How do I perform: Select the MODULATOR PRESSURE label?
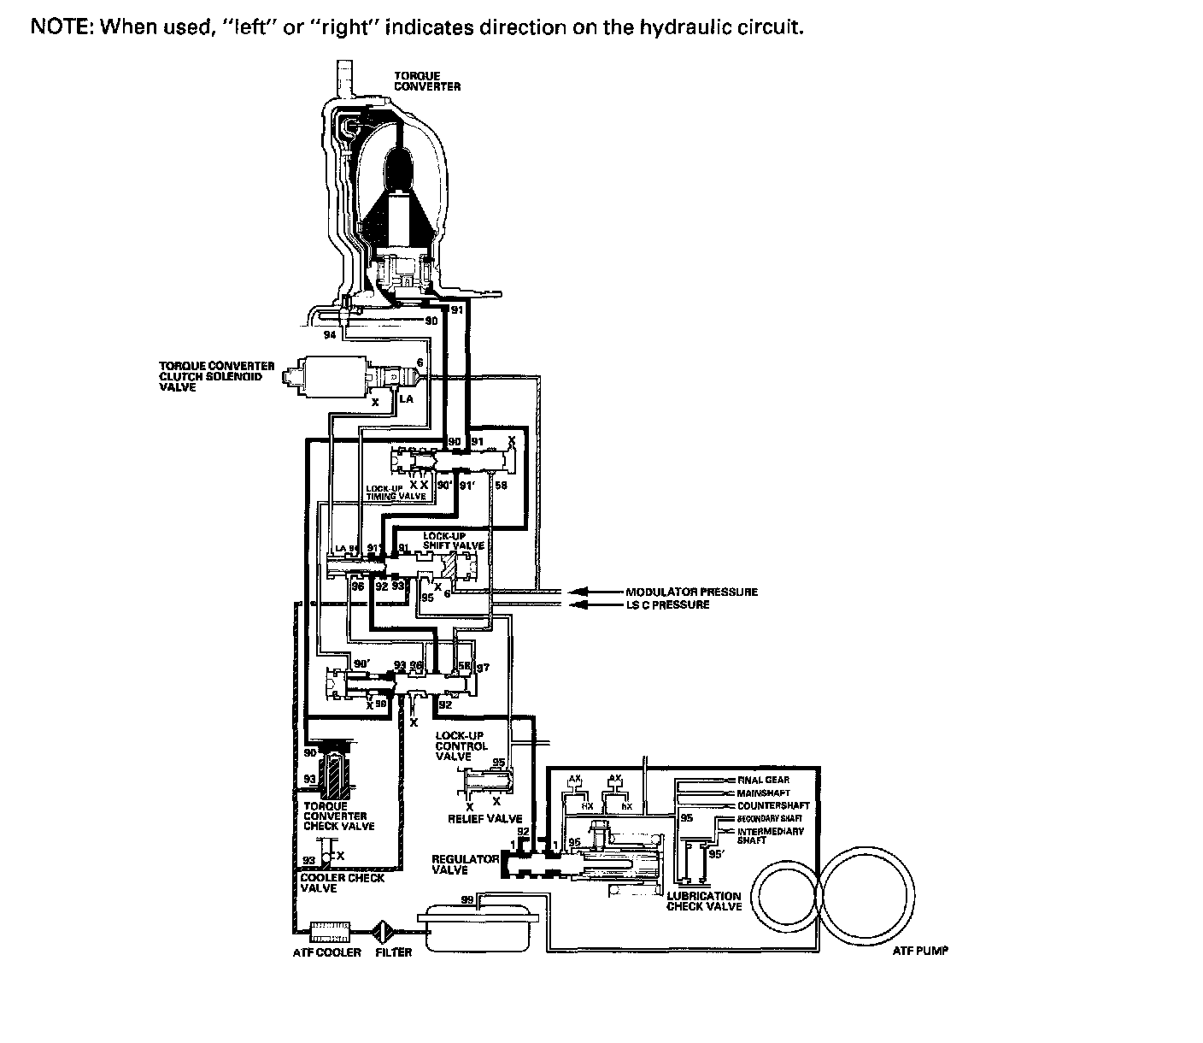[691, 592]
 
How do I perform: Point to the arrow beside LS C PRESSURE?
[580, 604]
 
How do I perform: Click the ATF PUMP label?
[920, 951]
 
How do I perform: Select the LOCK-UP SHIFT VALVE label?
[453, 541]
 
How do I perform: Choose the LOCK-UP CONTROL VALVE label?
[461, 745]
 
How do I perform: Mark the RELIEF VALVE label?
[484, 819]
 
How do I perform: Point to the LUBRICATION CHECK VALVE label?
[703, 901]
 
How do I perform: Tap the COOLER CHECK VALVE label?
[342, 882]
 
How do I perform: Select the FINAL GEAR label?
[763, 780]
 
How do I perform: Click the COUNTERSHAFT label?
[772, 805]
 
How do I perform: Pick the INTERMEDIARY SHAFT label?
[770, 835]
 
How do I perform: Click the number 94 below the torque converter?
[331, 335]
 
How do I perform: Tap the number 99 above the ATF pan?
[467, 899]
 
